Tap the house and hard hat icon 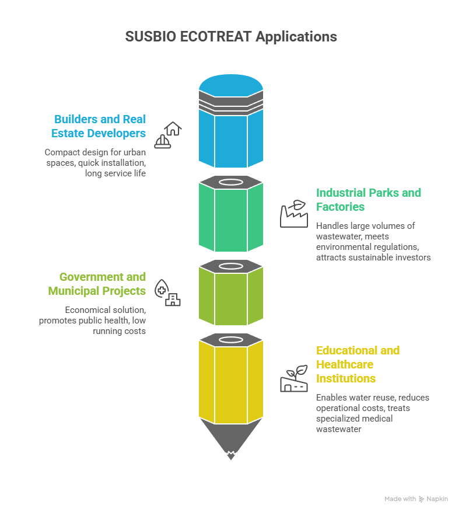[168, 135]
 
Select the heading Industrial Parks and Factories [368, 200]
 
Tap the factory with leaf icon [293, 214]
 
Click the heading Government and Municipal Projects [103, 284]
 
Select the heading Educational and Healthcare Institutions [358, 364]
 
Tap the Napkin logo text [437, 499]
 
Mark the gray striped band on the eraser [231, 105]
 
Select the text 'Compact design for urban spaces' [95, 152]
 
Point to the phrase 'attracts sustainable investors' [373, 257]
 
